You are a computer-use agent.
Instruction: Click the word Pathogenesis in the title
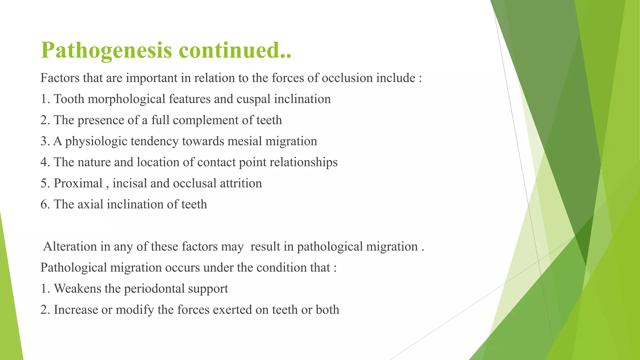(106, 51)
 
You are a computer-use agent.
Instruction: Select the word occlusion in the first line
(347, 78)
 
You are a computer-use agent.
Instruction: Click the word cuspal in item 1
(253, 99)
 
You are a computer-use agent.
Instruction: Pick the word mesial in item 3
(245, 141)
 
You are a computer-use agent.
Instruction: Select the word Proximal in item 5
(78, 183)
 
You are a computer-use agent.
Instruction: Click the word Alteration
(70, 247)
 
